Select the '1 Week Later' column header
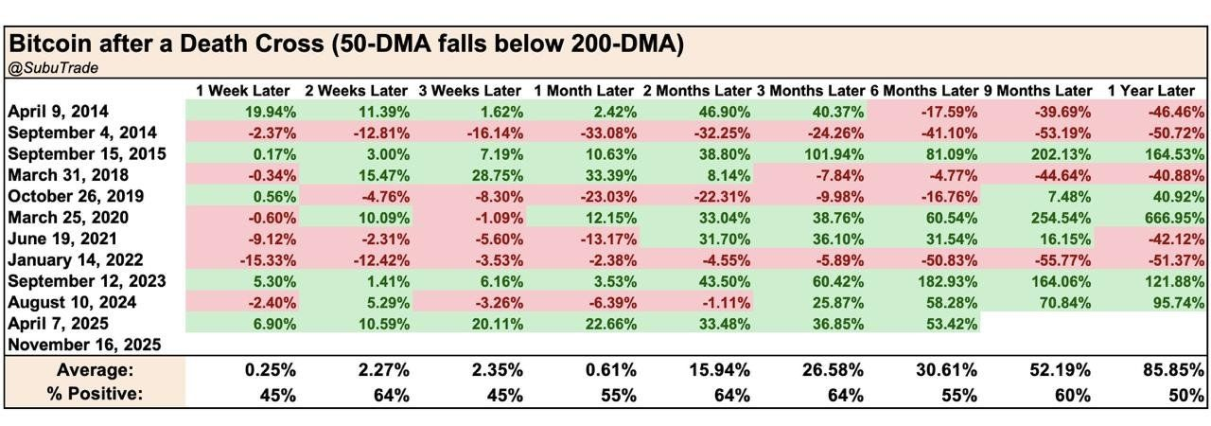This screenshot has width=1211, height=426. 242,91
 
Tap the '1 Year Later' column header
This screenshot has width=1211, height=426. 1150,91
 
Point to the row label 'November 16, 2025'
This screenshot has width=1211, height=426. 84,345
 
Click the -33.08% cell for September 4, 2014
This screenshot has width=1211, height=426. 605,133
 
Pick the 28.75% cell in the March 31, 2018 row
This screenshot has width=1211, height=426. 496,176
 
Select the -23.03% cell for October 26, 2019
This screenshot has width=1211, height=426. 605,197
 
